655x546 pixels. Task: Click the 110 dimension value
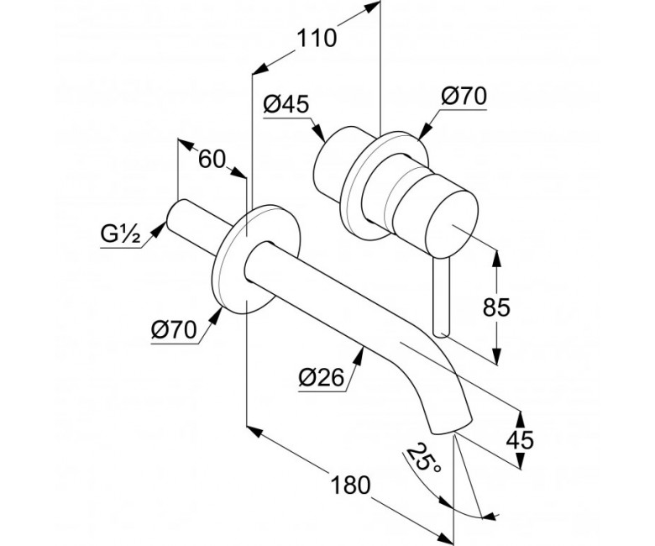click(317, 39)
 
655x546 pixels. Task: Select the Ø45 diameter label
click(286, 104)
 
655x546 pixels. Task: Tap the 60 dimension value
click(212, 159)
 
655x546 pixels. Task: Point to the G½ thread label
click(120, 235)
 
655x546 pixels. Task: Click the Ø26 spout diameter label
click(322, 378)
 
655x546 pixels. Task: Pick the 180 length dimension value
click(350, 485)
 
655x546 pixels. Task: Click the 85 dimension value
click(496, 307)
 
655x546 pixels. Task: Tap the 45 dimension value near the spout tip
click(520, 440)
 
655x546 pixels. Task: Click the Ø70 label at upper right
click(464, 96)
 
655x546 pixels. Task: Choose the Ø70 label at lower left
click(174, 330)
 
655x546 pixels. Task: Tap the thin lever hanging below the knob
click(442, 296)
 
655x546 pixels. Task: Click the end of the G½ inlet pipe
click(176, 216)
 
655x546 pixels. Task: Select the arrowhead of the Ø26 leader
click(359, 356)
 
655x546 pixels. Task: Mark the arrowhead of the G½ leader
click(157, 229)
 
